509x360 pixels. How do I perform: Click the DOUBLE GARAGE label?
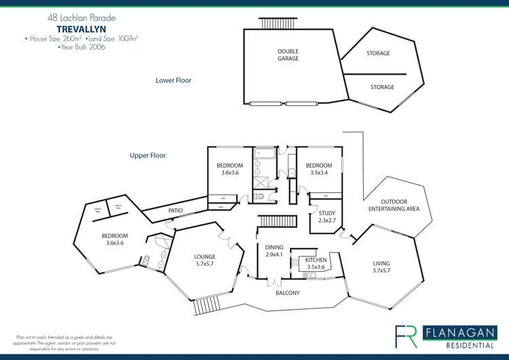288,55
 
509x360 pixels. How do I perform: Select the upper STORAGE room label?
378,53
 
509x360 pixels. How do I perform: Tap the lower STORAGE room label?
382,87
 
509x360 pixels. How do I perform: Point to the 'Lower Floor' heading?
174,80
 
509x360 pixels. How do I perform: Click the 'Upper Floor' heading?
148,156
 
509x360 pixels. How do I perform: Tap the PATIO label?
176,211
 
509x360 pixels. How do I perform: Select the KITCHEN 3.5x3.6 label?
316,264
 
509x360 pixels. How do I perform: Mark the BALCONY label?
288,293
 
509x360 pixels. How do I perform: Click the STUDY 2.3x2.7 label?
327,217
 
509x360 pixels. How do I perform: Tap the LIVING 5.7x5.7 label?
382,267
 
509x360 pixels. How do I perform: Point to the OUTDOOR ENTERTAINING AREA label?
399,205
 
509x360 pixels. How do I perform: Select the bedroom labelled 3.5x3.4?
318,169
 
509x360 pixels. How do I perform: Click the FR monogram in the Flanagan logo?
407,334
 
